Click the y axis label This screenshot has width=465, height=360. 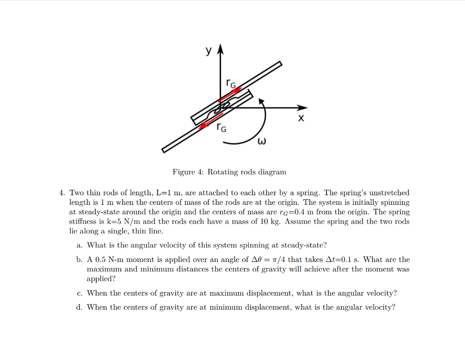[208, 51]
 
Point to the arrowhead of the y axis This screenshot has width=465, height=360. [220, 49]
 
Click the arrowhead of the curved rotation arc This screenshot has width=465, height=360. [261, 102]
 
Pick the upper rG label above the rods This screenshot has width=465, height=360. [231, 83]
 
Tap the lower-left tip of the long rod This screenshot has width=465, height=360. [164, 150]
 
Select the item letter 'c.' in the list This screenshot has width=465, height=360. [79, 293]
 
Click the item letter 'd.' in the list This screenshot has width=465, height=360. [79, 307]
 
